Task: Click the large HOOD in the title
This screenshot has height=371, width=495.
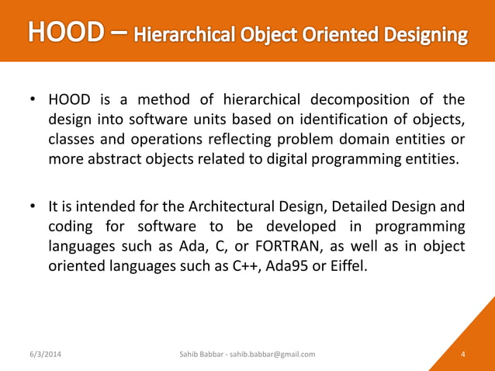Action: [64, 33]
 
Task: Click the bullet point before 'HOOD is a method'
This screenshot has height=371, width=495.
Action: [33, 101]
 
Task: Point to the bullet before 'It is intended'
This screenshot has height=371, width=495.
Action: [33, 206]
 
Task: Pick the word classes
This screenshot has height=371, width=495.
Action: [72, 140]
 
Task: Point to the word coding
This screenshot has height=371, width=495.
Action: [71, 226]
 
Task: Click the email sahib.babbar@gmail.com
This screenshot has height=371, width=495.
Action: [273, 355]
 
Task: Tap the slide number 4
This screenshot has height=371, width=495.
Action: [462, 355]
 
